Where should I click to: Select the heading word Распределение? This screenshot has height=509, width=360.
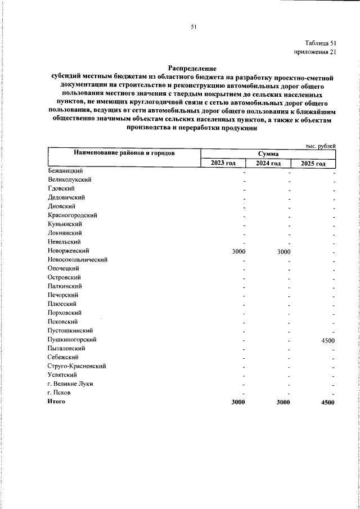tap(192, 67)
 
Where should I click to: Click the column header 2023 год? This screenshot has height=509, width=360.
tap(223, 163)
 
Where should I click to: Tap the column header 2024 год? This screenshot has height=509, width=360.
tap(268, 163)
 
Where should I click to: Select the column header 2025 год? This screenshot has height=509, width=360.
tap(313, 163)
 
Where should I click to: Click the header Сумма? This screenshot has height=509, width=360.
tap(268, 154)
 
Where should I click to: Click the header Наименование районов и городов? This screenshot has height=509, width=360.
tap(123, 153)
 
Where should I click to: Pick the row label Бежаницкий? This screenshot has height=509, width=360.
tap(66, 170)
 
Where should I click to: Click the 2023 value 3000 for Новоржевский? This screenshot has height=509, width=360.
tap(238, 251)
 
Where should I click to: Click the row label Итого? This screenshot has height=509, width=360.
tap(57, 402)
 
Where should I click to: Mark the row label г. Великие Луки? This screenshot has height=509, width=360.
tap(71, 384)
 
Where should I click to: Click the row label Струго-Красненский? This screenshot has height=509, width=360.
tap(77, 366)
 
